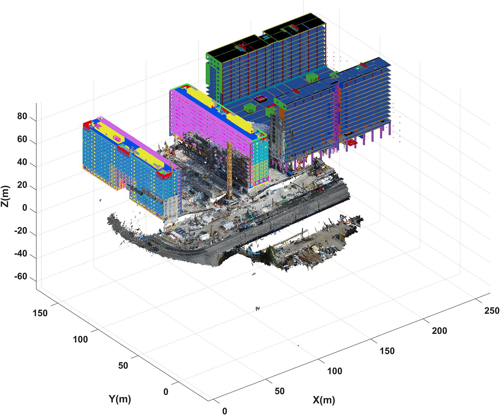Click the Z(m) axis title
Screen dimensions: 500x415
5,196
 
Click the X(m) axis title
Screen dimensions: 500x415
324,400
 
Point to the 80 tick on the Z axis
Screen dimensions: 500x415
22,116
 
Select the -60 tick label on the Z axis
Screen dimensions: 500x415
20,276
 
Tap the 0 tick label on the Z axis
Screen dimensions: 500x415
25,208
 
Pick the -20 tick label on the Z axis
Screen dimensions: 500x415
20,231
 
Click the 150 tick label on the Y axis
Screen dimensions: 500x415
40,313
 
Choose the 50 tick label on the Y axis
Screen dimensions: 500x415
123,365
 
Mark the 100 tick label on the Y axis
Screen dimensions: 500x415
80,340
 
